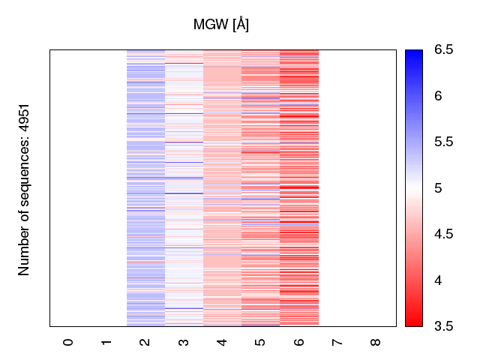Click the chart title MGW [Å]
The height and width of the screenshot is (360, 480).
221,25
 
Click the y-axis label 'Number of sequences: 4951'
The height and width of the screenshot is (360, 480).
24,189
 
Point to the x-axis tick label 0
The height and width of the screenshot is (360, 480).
68,342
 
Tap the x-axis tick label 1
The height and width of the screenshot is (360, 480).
106,342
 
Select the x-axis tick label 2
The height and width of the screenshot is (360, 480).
145,342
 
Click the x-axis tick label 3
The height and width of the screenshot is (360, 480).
184,342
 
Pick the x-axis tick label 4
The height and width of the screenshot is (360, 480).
222,342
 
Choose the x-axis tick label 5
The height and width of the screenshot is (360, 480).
260,342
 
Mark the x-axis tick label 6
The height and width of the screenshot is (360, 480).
299,342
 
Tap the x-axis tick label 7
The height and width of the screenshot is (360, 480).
337,342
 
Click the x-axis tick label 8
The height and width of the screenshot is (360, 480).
376,342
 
